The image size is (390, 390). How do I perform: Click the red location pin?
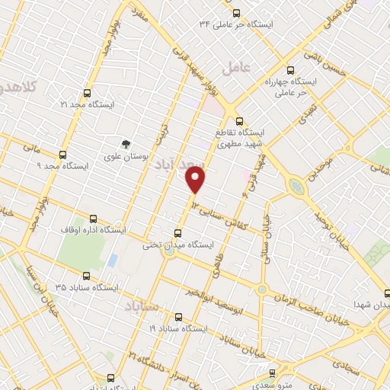coord(197,180)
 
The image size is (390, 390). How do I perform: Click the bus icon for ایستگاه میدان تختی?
coord(179,233)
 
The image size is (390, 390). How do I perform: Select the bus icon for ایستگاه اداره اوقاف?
coord(93,218)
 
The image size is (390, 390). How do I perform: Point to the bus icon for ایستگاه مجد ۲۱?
coord(88,94)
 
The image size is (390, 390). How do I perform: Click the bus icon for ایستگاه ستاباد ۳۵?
coord(85,277)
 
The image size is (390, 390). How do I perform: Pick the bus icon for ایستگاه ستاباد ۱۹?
coord(178,317)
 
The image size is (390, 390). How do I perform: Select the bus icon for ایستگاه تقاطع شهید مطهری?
coord(240,120)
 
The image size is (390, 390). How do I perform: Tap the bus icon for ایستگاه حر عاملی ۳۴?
coord(236,13)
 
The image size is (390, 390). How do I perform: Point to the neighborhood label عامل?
coord(237,69)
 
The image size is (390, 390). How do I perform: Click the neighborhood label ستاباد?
coord(139,305)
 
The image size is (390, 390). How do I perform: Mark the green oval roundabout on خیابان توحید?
coord(295,185)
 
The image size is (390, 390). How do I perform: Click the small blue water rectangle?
coord(113,261)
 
